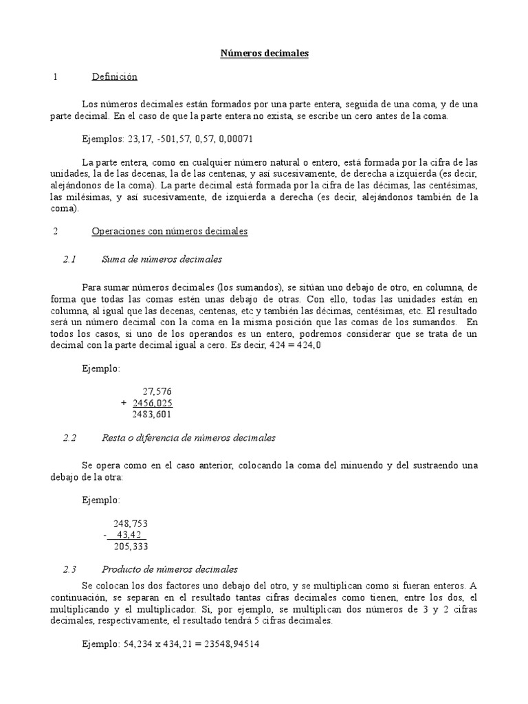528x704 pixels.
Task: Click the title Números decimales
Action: pos(264,53)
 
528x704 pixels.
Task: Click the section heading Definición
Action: pos(115,77)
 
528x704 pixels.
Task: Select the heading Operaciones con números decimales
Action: pos(169,232)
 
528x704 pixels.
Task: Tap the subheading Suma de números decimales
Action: pos(162,259)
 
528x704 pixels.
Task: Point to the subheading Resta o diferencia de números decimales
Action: pos(188,437)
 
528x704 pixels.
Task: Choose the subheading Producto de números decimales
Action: pos(170,569)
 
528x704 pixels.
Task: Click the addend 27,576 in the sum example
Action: pos(157,391)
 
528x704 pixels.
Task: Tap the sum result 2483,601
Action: pos(151,415)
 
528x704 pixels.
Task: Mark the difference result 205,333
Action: pos(131,547)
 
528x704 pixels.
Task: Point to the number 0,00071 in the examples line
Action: pos(235,138)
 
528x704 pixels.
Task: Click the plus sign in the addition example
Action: pos(123,403)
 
